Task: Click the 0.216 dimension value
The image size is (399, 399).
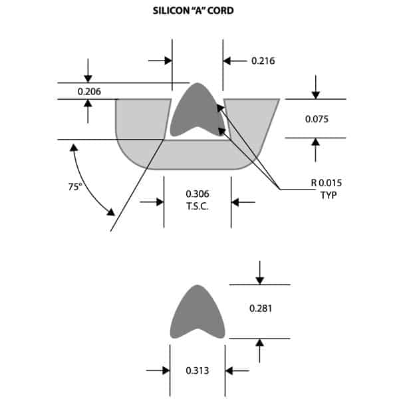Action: [x=263, y=61]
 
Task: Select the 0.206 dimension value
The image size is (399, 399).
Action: [x=89, y=91]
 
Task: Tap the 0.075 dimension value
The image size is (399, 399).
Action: [x=316, y=119]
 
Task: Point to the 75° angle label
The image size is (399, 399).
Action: [x=74, y=187]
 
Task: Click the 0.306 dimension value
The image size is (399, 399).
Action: [x=198, y=194]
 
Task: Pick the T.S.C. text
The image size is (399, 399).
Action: [x=198, y=205]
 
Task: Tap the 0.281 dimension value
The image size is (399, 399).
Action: [x=260, y=309]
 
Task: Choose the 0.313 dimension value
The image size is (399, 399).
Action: [x=198, y=370]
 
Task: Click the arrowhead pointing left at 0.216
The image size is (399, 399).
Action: [x=227, y=61]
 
